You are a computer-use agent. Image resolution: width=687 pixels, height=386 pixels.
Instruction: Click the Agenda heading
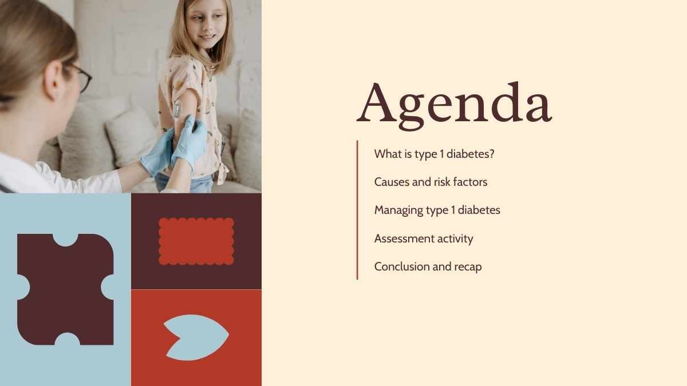pyautogui.click(x=454, y=106)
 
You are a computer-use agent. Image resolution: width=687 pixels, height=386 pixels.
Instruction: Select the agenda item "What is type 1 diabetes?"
pyautogui.click(x=435, y=154)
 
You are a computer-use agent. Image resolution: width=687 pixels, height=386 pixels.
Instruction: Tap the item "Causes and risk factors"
pyautogui.click(x=431, y=182)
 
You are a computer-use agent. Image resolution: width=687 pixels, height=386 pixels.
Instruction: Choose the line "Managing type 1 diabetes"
pyautogui.click(x=437, y=210)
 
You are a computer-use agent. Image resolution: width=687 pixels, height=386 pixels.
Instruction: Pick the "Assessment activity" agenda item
pyautogui.click(x=424, y=238)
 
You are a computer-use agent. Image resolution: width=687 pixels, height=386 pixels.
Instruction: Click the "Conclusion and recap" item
pyautogui.click(x=428, y=266)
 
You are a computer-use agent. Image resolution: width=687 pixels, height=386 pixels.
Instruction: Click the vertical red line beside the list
pyautogui.click(x=357, y=210)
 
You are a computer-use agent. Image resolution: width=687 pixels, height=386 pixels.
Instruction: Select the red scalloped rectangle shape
pyautogui.click(x=196, y=241)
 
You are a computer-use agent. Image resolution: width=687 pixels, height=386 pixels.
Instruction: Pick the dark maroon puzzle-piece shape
pyautogui.click(x=66, y=289)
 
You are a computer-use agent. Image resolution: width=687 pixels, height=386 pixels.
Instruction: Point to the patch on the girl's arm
pyautogui.click(x=177, y=110)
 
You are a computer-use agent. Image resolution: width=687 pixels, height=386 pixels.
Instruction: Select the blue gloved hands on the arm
pyautogui.click(x=175, y=148)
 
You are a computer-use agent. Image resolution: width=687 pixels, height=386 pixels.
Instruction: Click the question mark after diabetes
pyautogui.click(x=492, y=153)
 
